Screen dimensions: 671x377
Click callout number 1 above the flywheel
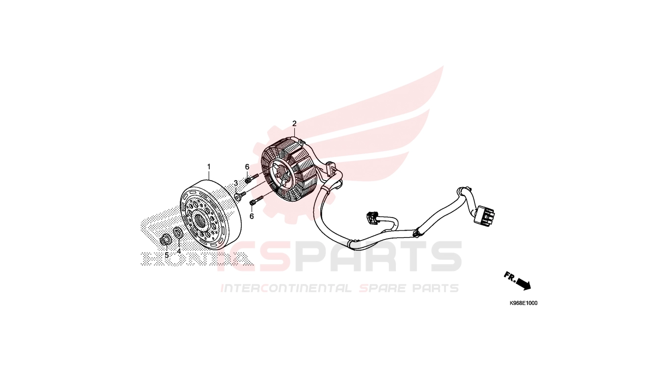209,166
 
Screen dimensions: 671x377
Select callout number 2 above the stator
294,123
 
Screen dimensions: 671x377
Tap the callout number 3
236,183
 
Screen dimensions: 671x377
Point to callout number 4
179,251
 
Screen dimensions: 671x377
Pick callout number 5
167,255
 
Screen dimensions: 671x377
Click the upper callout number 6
247,167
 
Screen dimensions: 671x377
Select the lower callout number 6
252,216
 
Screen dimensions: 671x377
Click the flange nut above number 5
165,240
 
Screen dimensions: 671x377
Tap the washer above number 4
178,233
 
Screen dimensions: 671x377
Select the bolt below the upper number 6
252,178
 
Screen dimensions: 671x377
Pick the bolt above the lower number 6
256,200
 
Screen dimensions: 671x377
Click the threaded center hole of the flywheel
201,221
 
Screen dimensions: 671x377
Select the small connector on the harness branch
371,217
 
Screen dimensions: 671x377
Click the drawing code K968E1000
524,303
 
